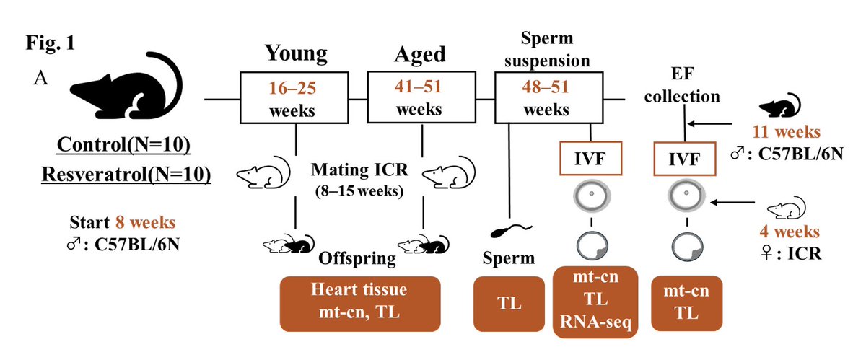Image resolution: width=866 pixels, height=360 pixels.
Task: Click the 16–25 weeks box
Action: tap(297, 98)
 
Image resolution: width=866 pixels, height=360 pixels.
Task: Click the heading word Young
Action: tap(296, 55)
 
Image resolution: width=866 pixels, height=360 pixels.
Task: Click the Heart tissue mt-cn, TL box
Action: tap(360, 303)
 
